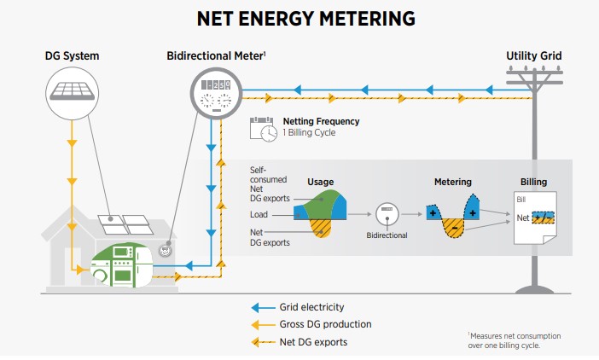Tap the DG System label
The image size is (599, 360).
click(72, 56)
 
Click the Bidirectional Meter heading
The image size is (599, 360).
click(216, 56)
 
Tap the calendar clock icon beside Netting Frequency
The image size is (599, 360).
click(263, 129)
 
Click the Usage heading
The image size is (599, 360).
click(320, 182)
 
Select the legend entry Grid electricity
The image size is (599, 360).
click(310, 307)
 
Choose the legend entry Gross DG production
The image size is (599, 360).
click(325, 324)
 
